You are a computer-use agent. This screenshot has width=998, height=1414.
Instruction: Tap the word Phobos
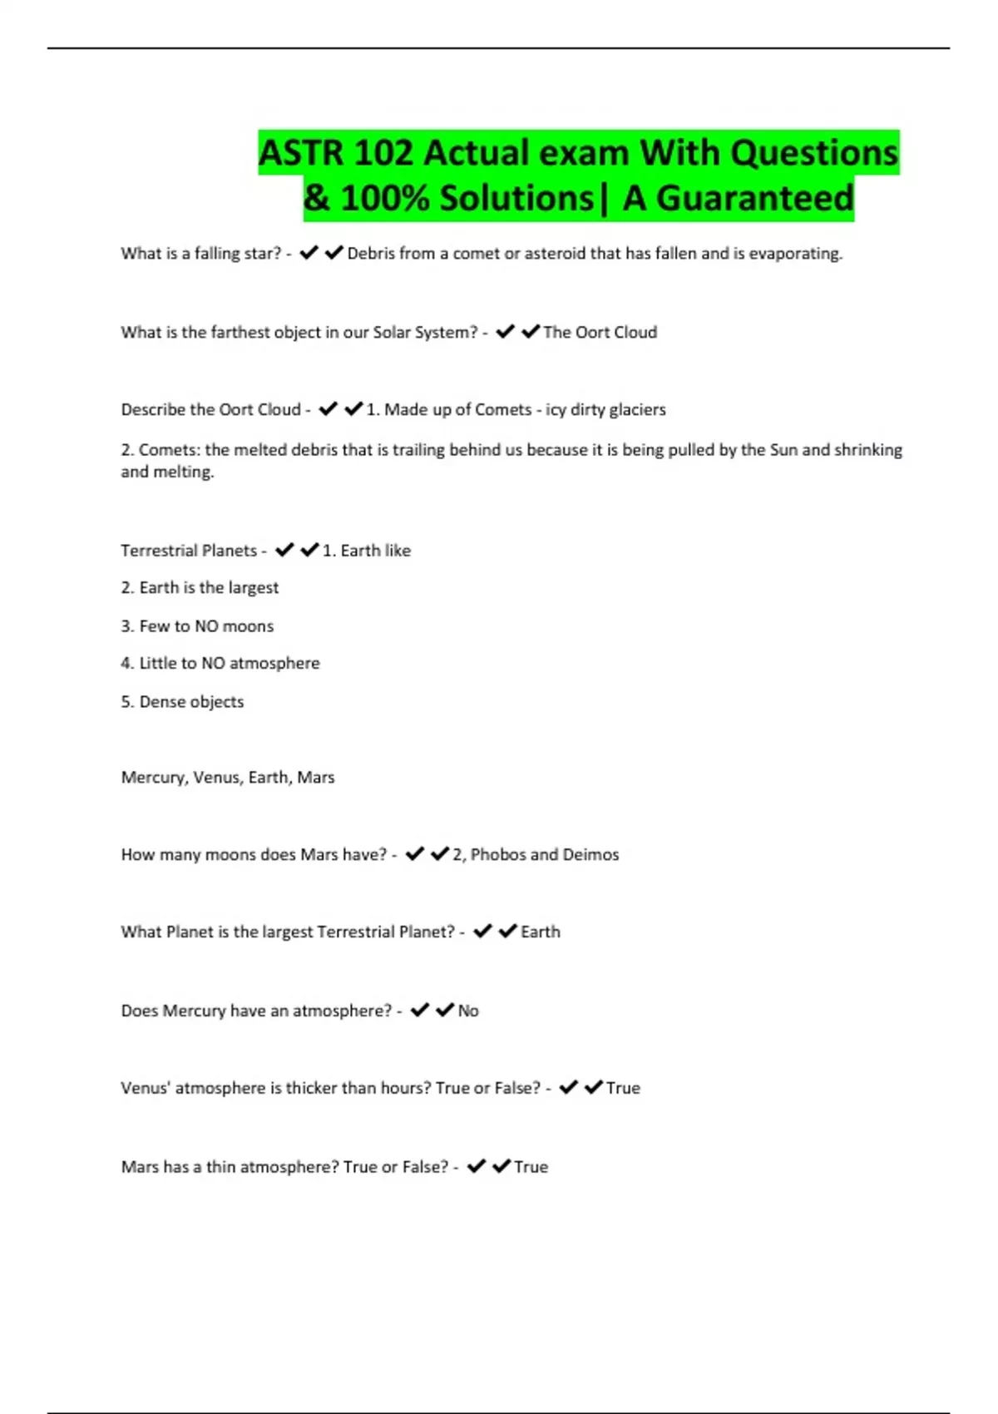click(497, 855)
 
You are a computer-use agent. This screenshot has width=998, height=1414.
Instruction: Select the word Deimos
click(590, 855)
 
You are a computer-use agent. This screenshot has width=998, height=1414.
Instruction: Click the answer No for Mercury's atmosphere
click(468, 1011)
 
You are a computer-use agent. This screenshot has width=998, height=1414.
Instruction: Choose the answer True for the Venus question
click(623, 1089)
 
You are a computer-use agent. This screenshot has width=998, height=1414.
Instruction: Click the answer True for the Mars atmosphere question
click(531, 1167)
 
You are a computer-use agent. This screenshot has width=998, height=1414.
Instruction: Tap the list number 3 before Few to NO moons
click(126, 626)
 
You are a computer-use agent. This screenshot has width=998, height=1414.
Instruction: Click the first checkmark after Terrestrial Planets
click(284, 550)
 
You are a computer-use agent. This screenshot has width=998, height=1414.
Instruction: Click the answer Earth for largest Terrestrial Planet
click(540, 932)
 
